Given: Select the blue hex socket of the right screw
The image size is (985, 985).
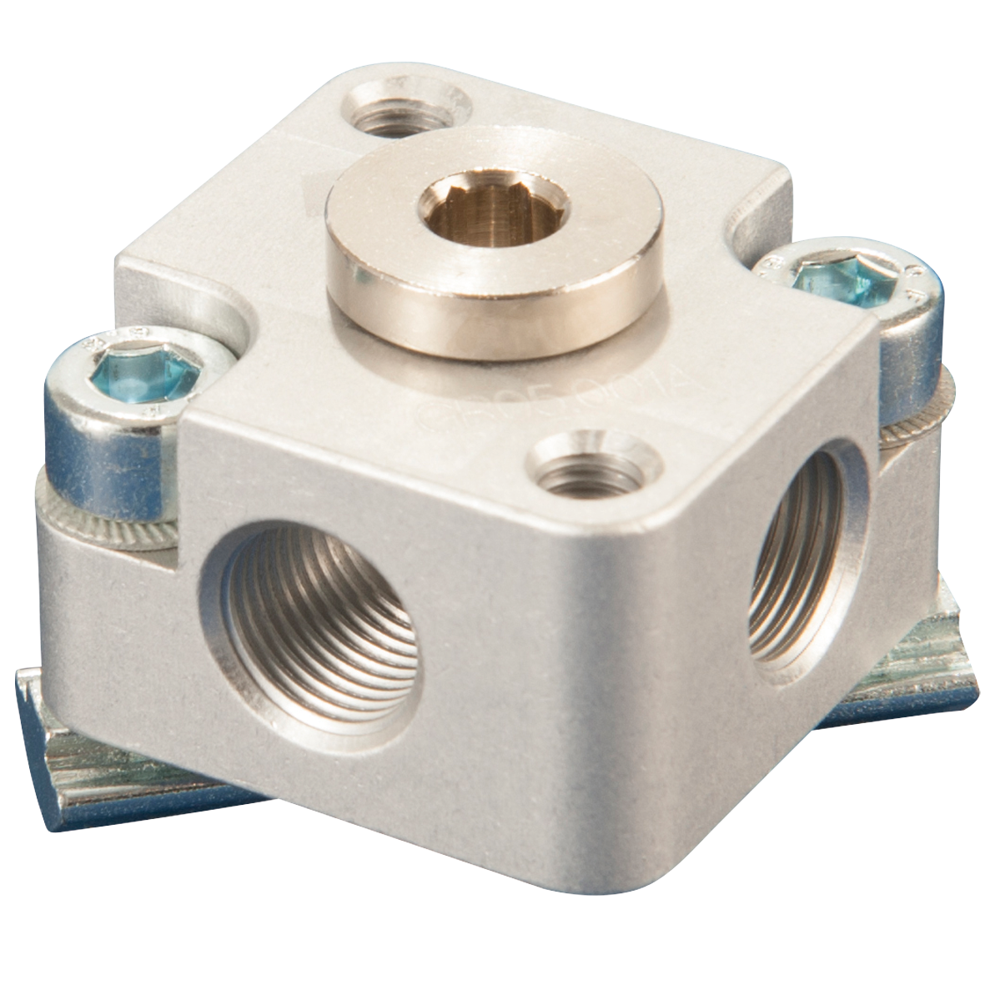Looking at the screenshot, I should [834, 279].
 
